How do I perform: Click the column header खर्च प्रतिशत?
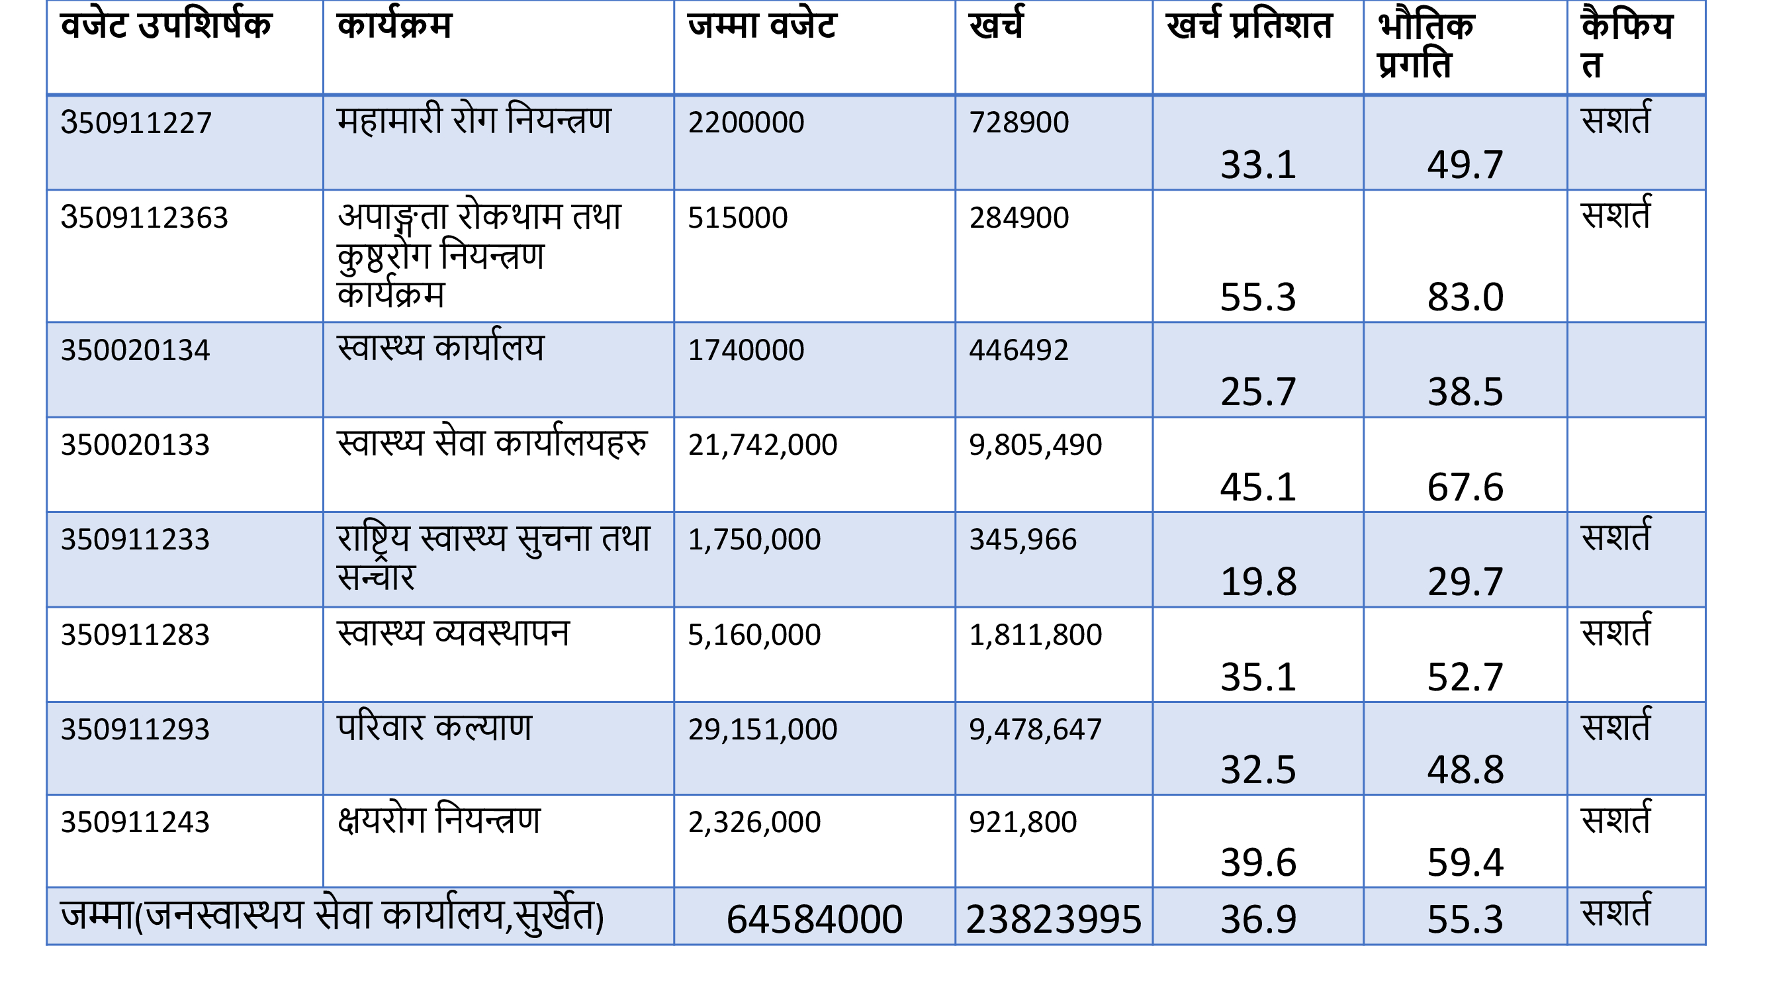[1248, 26]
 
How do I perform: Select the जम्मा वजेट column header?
[762, 26]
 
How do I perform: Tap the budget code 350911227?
[136, 123]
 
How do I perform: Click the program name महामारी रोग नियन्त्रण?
[473, 121]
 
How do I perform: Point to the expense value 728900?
[1018, 122]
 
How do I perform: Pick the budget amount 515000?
[737, 218]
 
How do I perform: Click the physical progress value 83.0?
[1465, 297]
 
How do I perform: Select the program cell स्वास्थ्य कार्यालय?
[441, 348]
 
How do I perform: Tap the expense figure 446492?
[1018, 350]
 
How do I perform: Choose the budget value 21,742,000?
[762, 446]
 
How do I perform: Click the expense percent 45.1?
[1258, 487]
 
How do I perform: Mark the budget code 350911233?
[135, 540]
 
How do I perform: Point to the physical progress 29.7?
[1465, 582]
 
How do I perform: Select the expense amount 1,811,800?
[1034, 636]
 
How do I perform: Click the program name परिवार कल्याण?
[433, 728]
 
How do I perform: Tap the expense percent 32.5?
[1258, 770]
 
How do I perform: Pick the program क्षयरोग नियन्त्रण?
[439, 820]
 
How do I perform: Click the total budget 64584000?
[814, 919]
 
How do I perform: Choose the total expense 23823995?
[1053, 919]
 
